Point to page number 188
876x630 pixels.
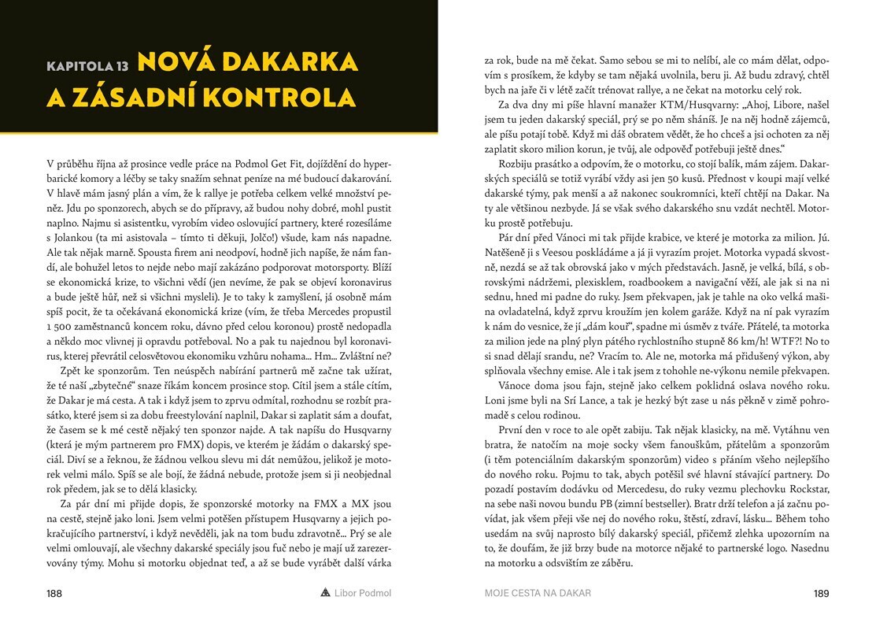coord(54,593)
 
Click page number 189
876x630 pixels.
coord(821,593)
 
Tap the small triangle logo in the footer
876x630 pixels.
coord(325,593)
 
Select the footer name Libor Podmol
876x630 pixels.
coord(364,593)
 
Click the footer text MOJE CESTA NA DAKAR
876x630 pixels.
coord(538,593)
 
